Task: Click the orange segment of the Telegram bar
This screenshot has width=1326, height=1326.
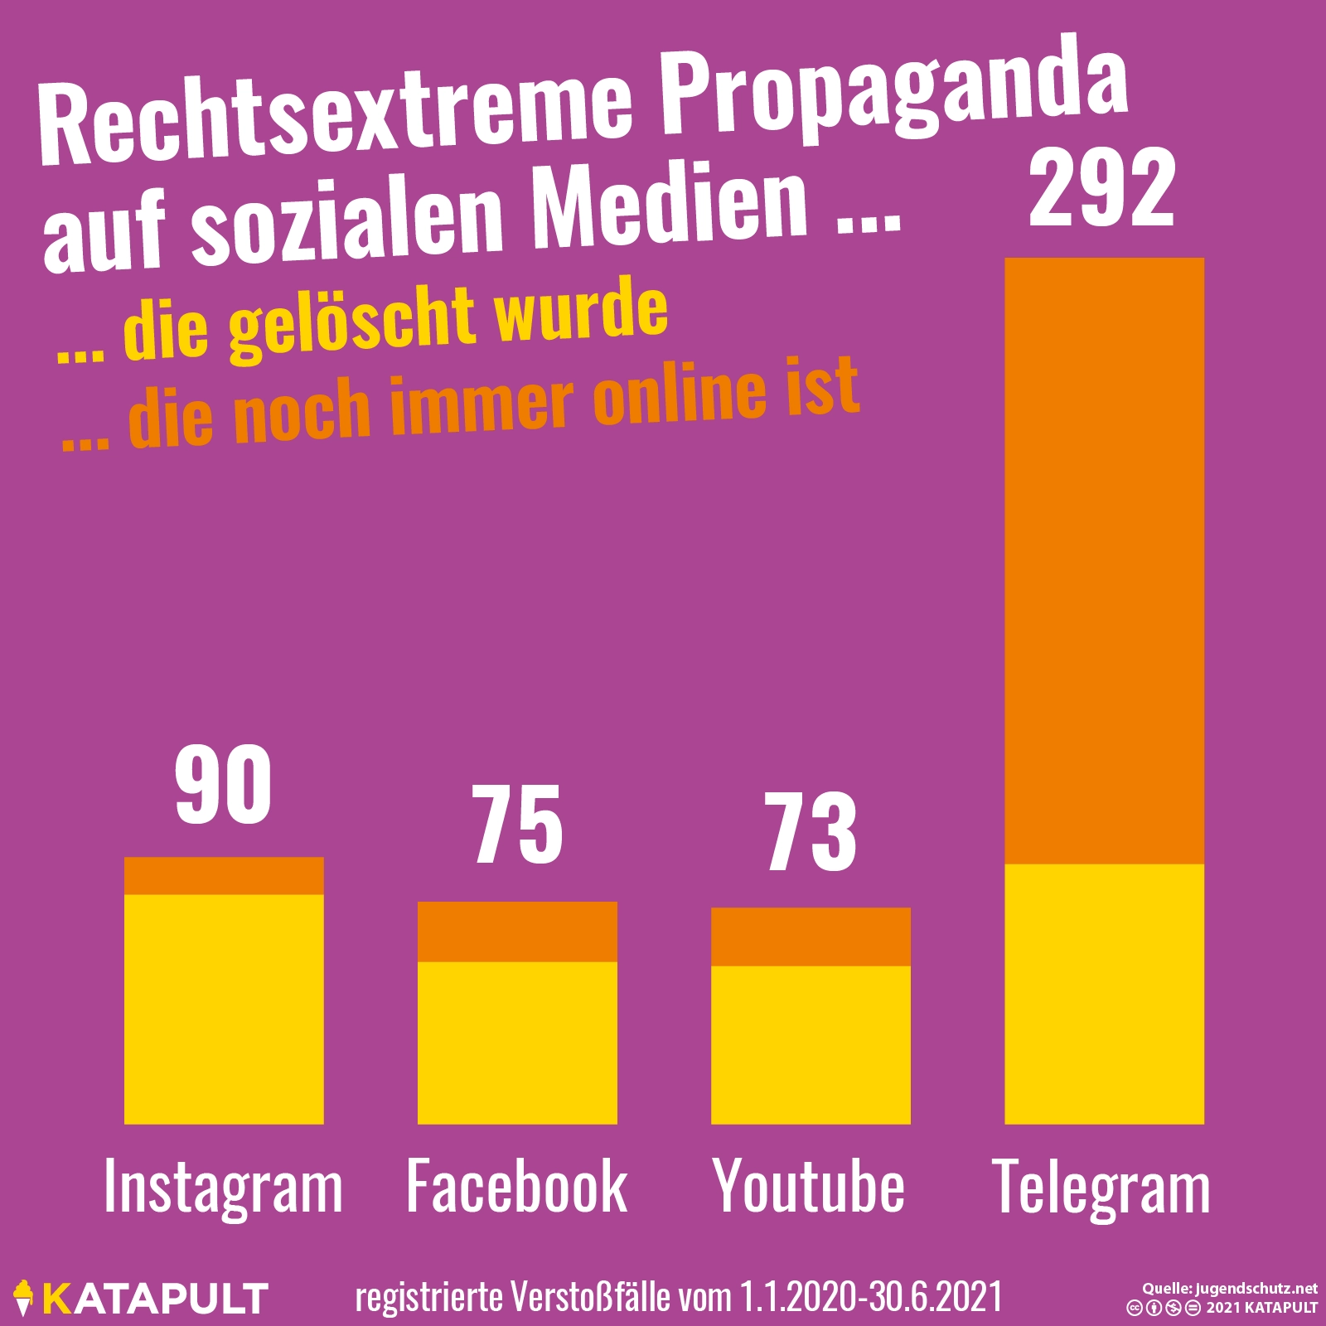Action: point(1104,560)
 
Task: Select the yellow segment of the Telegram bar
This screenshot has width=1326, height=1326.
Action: point(1104,994)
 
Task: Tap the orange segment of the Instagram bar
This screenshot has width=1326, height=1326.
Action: point(224,876)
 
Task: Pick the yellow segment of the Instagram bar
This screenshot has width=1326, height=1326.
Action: point(224,1009)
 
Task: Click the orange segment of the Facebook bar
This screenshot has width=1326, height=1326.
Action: point(517,932)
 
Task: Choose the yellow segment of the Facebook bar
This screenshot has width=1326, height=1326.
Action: point(517,1043)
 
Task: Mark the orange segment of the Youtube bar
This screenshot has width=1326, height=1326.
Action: point(811,936)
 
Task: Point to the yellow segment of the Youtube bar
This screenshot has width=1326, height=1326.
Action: point(811,1044)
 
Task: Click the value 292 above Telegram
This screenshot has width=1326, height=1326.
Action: point(1102,190)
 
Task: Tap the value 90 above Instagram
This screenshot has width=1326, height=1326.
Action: point(224,785)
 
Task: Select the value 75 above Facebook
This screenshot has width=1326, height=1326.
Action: point(518,825)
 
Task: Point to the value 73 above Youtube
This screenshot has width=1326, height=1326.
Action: point(811,831)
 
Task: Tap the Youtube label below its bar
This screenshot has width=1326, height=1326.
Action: point(809,1187)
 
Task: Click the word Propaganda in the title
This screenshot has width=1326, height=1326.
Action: point(895,91)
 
